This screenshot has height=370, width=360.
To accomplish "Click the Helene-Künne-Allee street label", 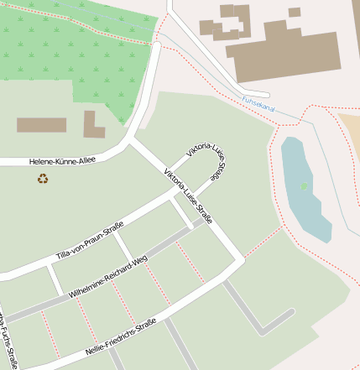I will [x=63, y=160].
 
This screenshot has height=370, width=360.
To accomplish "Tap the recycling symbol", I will [x=43, y=178].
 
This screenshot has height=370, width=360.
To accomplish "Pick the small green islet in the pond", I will [x=305, y=185].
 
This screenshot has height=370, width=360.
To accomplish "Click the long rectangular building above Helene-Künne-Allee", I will [x=41, y=125].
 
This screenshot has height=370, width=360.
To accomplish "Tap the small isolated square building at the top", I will [x=295, y=12].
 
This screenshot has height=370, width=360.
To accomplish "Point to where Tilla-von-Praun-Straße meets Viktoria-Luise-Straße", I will [x=179, y=192].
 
